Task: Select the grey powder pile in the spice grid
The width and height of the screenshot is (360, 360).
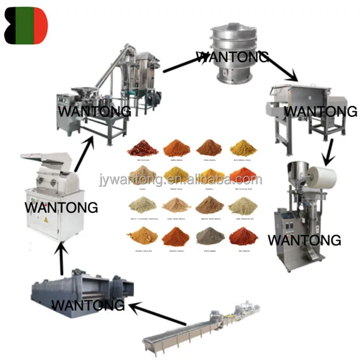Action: click(210, 237)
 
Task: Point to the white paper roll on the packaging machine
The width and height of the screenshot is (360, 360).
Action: click(322, 177)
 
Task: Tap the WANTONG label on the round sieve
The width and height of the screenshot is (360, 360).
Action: click(232, 56)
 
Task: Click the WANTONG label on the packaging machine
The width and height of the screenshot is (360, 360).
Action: click(304, 240)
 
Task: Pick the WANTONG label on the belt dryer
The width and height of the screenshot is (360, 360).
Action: click(88, 305)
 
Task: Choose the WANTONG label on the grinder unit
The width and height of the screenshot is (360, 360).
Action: click(93, 111)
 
